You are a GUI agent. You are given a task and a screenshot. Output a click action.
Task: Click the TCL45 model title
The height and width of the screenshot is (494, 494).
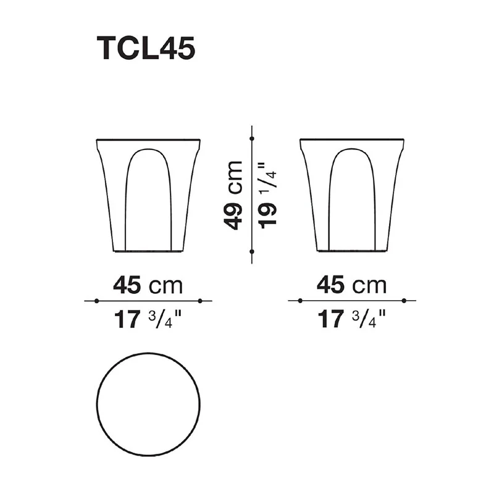point(146,49)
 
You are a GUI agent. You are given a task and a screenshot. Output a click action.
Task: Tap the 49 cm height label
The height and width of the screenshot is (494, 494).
point(233,195)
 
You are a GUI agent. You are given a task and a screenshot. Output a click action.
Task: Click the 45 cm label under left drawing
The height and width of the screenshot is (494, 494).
point(148,285)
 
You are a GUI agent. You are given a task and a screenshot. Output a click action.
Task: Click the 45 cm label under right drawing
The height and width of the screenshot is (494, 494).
point(351,285)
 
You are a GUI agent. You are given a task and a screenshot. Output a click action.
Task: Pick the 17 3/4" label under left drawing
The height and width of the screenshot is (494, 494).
point(148,319)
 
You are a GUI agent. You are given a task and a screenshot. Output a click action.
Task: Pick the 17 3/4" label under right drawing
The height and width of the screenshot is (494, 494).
point(351,319)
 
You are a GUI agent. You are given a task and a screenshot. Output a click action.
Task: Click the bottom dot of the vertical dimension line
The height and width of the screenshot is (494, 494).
point(252,251)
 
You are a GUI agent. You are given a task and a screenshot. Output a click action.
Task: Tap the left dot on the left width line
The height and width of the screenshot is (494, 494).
point(97,301)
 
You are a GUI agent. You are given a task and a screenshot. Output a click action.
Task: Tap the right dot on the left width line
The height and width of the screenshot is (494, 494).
point(201,301)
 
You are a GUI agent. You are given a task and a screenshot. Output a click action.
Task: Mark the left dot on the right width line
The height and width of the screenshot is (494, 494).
point(300,301)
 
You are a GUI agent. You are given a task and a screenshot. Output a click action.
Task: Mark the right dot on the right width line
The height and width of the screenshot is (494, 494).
point(404,301)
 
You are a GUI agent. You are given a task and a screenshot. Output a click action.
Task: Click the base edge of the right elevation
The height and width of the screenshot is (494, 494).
point(352,251)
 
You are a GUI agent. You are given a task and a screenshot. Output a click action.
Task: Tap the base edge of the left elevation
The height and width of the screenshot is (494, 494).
point(148,251)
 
